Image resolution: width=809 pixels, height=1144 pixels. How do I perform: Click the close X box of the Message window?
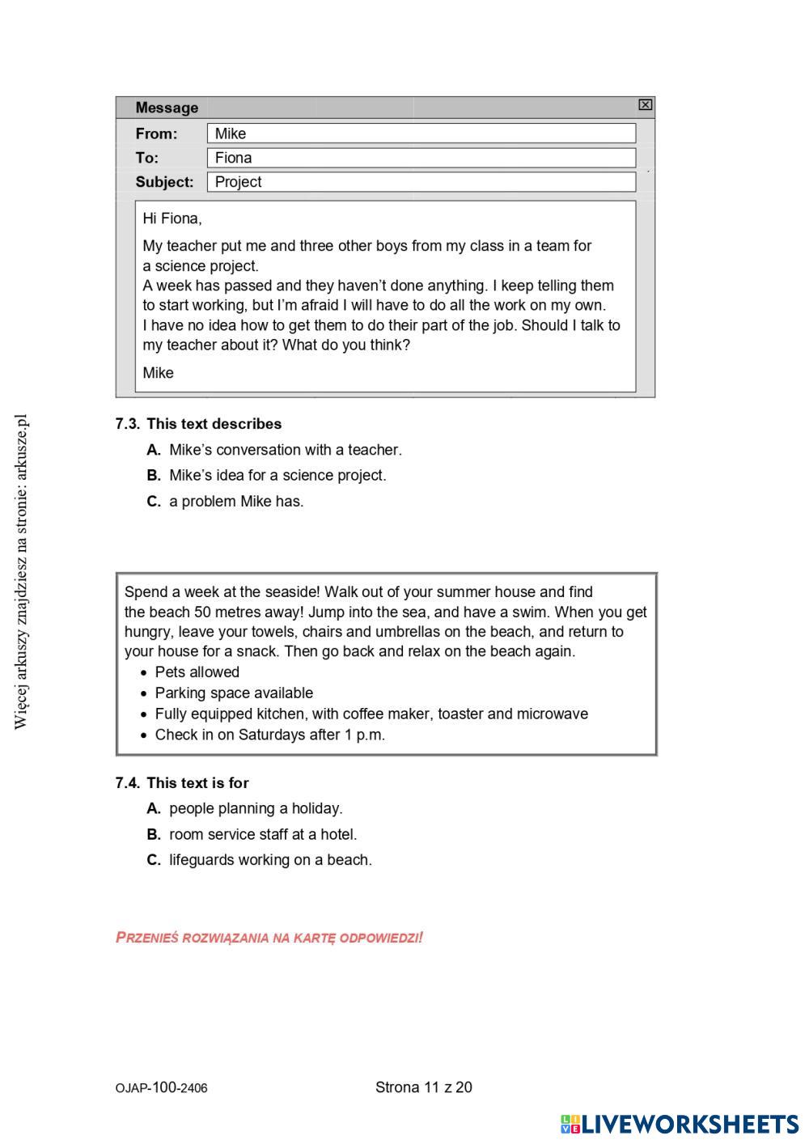(645, 104)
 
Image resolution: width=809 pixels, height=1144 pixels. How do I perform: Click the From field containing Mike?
(421, 133)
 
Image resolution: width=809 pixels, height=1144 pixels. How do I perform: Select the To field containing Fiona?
(421, 158)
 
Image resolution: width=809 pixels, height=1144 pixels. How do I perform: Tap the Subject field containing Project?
(421, 182)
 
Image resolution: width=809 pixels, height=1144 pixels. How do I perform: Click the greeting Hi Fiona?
(172, 218)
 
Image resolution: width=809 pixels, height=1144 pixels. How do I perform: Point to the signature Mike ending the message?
(159, 373)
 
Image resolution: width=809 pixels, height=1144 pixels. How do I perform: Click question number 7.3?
(127, 424)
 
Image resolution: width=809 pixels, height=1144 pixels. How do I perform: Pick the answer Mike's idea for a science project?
(277, 476)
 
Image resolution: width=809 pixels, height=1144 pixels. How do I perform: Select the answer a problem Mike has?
(236, 502)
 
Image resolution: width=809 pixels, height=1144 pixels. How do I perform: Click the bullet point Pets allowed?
(197, 672)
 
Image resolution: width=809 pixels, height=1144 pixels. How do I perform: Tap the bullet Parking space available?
(234, 693)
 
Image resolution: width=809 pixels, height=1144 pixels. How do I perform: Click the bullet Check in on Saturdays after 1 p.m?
(269, 735)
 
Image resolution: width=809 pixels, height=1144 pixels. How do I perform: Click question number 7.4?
(127, 783)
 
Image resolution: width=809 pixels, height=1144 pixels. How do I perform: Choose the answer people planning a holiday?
(256, 809)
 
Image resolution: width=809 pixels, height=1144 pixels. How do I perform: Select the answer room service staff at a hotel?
(263, 835)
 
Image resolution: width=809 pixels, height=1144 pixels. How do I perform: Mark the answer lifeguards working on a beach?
(270, 861)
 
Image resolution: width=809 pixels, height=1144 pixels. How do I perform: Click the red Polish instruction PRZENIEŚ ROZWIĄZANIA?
(269, 939)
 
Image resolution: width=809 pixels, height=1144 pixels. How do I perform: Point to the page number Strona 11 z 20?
(423, 1087)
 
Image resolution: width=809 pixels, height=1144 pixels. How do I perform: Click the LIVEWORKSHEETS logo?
(680, 1124)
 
